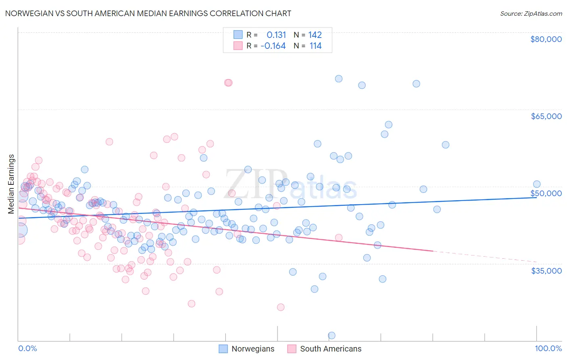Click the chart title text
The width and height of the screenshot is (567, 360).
coord(148,14)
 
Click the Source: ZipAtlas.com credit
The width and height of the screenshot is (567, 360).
coord(531,14)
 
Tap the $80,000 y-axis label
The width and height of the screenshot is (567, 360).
coord(546,39)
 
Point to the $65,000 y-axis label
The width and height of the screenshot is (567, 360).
coord(546,116)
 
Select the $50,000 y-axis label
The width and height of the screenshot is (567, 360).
coord(546,193)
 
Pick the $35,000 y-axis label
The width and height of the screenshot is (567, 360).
coord(546,271)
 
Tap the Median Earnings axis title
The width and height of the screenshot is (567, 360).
coord(11,184)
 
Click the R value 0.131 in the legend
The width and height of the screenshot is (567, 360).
coord(276,35)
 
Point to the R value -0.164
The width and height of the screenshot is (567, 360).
coord(273,46)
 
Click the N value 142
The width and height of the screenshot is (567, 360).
coord(315,35)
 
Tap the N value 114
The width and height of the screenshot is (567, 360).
coord(315,46)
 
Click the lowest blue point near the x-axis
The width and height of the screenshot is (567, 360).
coord(331,335)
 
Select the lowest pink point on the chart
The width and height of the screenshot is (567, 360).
coord(281,307)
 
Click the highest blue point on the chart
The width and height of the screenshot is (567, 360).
coord(339,79)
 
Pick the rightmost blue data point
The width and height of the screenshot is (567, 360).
coord(536,184)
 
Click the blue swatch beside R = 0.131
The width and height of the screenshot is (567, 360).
coord(238,35)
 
